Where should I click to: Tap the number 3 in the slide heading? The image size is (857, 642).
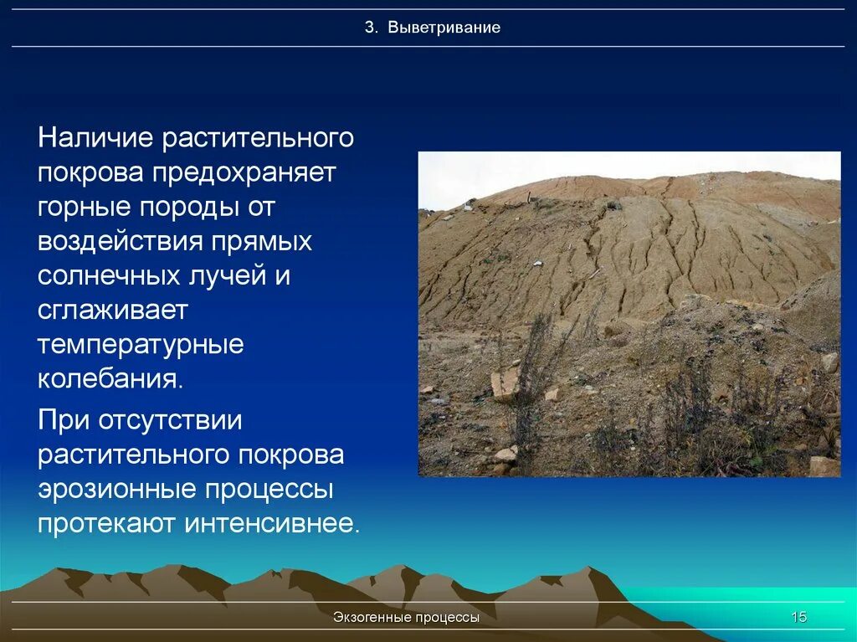click(368, 28)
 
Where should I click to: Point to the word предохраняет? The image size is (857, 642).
click(244, 173)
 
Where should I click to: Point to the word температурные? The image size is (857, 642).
click(140, 345)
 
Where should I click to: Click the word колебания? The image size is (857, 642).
click(109, 378)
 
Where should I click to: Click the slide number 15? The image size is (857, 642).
click(799, 618)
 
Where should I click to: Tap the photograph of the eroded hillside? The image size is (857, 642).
click(629, 314)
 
